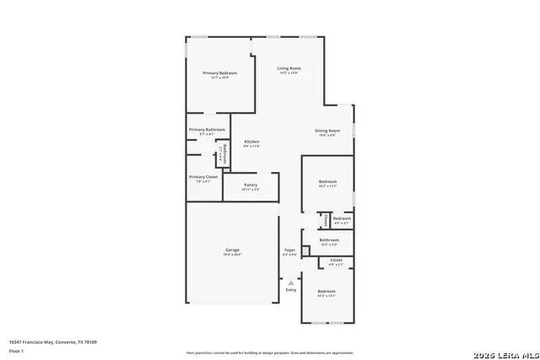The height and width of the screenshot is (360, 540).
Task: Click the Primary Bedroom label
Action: pos(219,73)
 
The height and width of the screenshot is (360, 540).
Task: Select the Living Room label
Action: pos(289,68)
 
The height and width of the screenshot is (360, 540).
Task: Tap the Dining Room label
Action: pos(327,131)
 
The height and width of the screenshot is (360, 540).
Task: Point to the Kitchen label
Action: pos(251,142)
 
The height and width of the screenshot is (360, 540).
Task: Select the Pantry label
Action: pos(251,185)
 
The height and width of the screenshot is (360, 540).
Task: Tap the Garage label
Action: pos(232,250)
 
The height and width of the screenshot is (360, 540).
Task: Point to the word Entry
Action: pos(291,290)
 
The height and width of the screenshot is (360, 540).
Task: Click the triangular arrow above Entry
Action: pos(291,282)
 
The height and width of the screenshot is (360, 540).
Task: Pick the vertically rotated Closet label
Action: pos(327,220)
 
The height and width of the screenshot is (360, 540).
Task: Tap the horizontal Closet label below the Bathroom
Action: pos(336,260)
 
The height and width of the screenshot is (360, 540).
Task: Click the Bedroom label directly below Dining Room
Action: pos(327,182)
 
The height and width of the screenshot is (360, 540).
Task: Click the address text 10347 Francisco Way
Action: pos(52,341)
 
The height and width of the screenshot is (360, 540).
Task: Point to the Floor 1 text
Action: pos(16,350)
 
